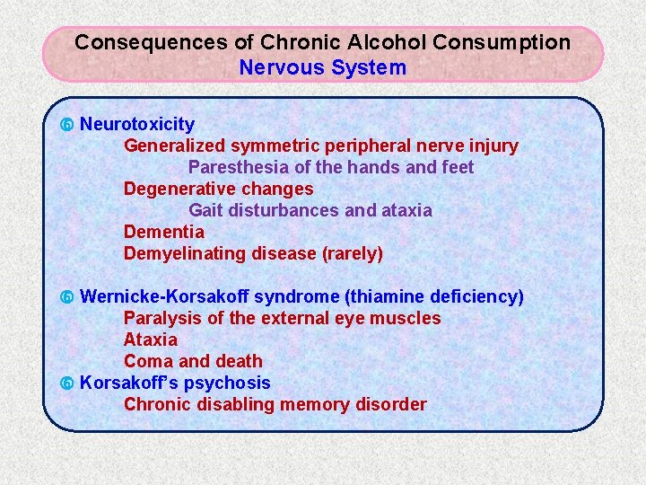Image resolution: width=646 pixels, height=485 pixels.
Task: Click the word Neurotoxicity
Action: [x=137, y=124]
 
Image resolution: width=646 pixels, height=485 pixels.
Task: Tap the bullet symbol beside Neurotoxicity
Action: [x=66, y=125]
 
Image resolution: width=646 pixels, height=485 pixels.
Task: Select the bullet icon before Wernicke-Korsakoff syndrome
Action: [x=66, y=297]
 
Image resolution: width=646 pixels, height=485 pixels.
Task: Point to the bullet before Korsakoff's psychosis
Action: [x=66, y=384]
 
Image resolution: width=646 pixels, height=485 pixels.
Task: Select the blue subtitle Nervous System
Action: [x=322, y=67]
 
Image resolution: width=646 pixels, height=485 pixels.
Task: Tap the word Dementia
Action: [x=164, y=232]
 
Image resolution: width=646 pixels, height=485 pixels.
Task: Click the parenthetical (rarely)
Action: [x=352, y=253]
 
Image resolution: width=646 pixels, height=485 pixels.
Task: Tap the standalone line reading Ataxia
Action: [x=151, y=339]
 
